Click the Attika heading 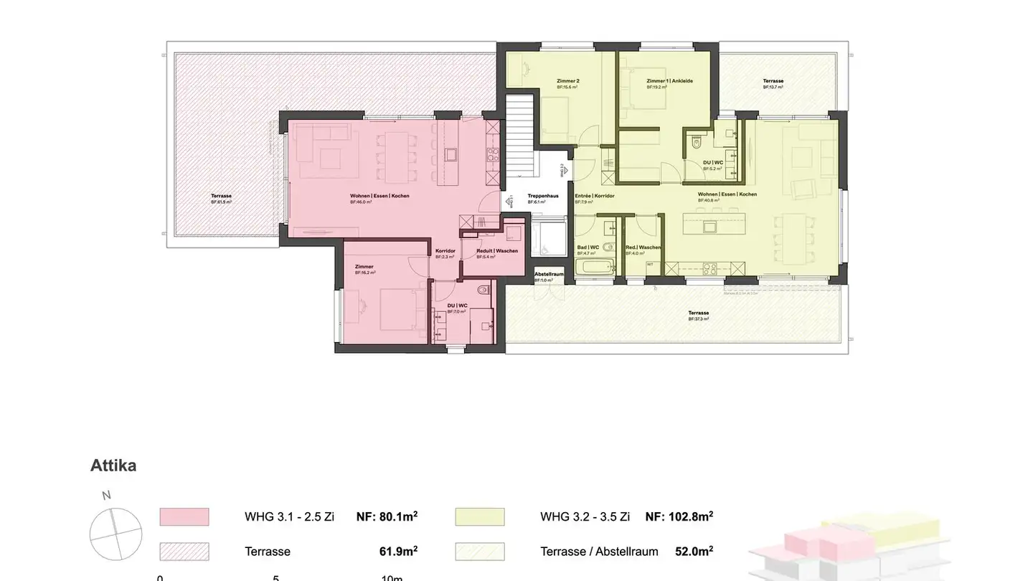coord(113,466)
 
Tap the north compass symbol coord(115,534)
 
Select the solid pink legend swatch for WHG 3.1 coord(184,516)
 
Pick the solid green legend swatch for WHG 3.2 coord(480,516)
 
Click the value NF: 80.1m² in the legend coord(387,516)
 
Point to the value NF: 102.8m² coord(679,516)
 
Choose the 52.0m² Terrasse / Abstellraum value coord(693,551)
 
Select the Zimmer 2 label coord(567,81)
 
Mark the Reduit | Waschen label coord(496,251)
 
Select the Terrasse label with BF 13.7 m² coord(773,81)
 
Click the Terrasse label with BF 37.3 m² coord(698,313)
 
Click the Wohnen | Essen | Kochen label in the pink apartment coord(379,196)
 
